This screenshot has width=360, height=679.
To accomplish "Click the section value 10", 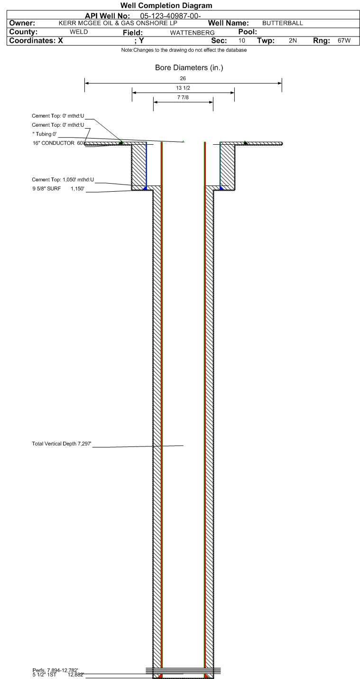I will point(242,40).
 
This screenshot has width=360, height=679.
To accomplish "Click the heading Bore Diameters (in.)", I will point(189,68).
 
